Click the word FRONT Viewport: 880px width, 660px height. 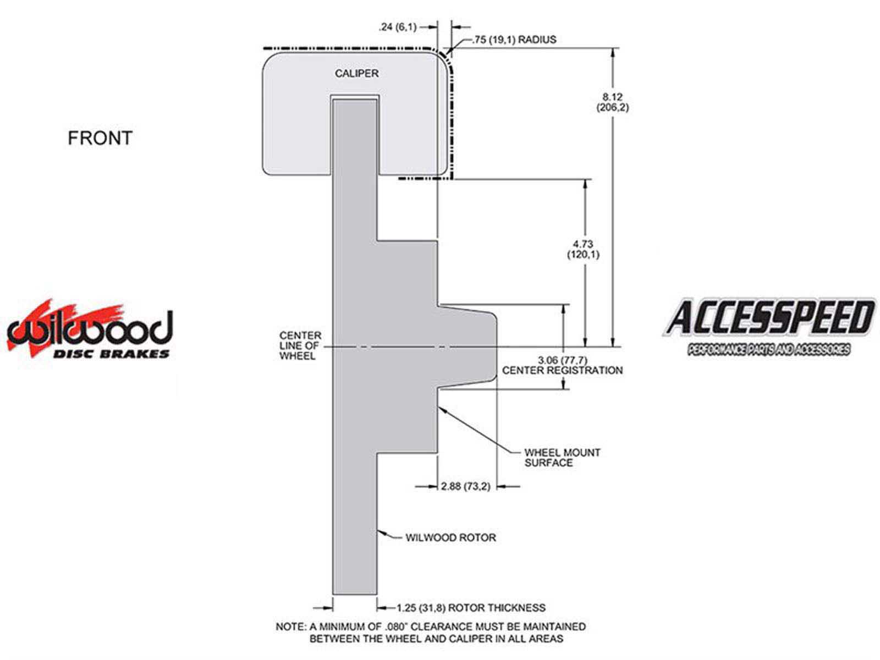tap(100, 138)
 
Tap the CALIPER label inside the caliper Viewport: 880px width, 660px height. tap(356, 73)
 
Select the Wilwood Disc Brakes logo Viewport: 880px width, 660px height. tap(90, 329)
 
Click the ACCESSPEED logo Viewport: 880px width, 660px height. tap(769, 327)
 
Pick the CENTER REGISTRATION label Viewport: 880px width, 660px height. tap(562, 370)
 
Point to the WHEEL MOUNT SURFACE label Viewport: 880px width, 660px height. tap(562, 457)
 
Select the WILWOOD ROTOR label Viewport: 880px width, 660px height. tap(450, 537)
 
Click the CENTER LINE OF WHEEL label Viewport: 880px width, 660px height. tap(300, 345)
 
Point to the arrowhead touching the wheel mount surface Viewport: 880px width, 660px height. tap(442, 409)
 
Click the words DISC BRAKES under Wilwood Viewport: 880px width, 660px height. tap(111, 354)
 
